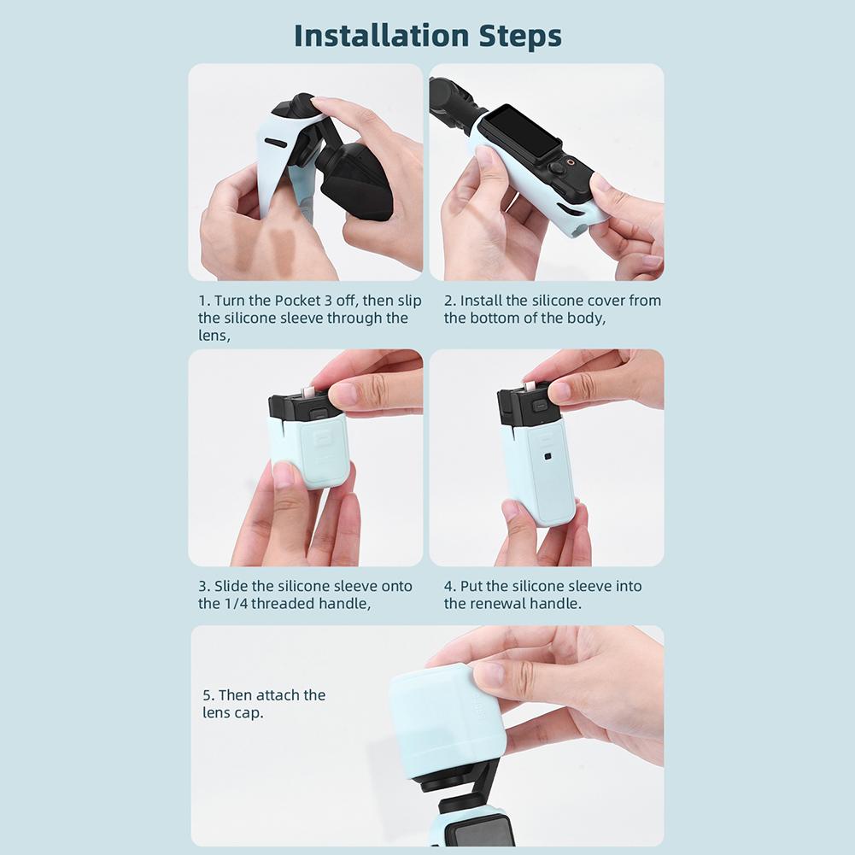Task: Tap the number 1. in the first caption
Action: pyautogui.click(x=204, y=301)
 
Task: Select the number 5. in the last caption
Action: pyautogui.click(x=208, y=695)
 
